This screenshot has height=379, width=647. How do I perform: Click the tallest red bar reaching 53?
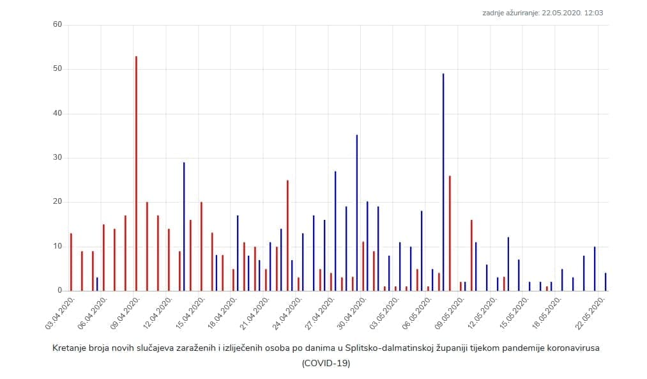(x=136, y=173)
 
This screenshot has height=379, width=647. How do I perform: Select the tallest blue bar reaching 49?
(x=443, y=182)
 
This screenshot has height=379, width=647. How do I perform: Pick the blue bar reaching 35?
(x=357, y=213)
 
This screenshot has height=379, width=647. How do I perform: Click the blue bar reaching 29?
(x=184, y=226)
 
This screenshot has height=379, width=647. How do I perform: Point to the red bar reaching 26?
(x=450, y=233)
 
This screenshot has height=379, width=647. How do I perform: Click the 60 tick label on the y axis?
(x=57, y=25)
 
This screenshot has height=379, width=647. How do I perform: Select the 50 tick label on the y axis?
(x=57, y=69)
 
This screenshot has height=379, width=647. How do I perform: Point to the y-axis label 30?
(x=57, y=158)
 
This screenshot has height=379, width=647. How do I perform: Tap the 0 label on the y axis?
(x=59, y=291)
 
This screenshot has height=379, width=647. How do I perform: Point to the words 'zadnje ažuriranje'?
(x=512, y=12)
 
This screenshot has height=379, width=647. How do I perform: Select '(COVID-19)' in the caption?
(x=326, y=363)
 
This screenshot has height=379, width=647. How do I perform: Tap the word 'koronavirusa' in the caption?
(x=574, y=348)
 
